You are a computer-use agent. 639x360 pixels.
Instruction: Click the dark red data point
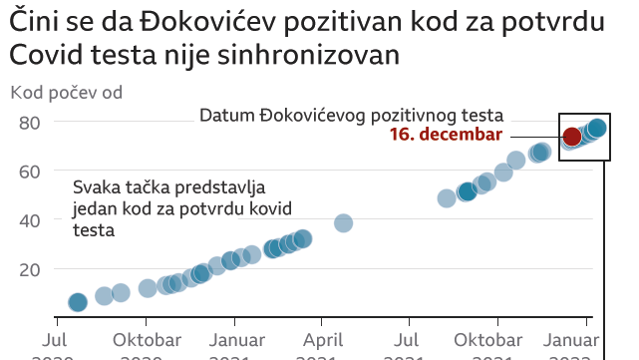(x=572, y=137)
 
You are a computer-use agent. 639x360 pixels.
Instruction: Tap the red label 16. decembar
(x=446, y=135)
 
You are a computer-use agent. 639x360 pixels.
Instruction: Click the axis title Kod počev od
(x=66, y=94)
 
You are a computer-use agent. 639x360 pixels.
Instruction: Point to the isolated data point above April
(x=343, y=222)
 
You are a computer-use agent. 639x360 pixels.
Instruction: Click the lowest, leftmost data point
(x=78, y=302)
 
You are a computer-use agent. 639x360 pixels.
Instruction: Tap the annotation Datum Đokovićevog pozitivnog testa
(x=351, y=115)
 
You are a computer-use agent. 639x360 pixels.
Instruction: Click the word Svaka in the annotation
(x=96, y=188)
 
